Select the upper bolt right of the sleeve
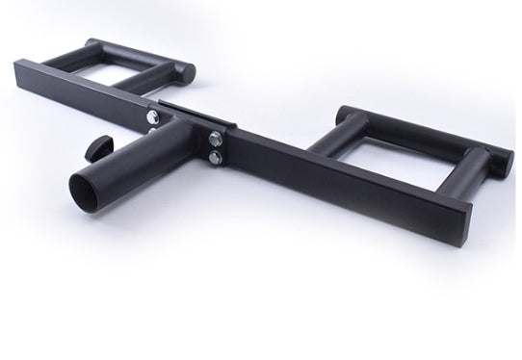[x=213, y=135]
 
